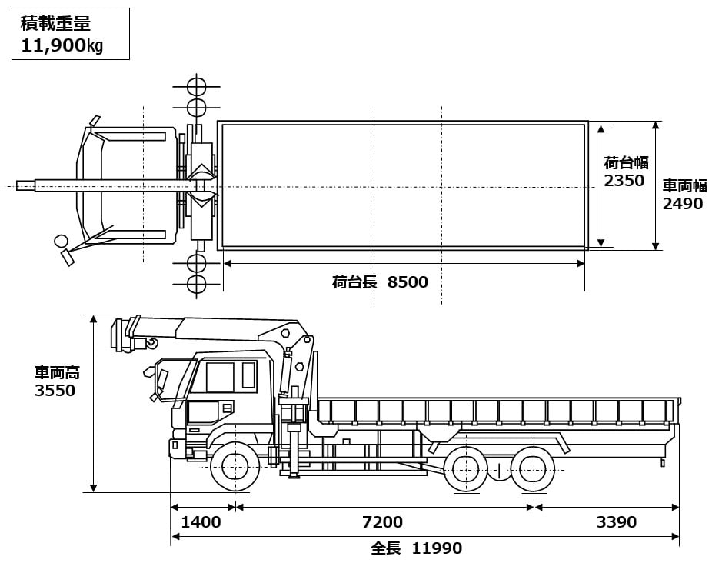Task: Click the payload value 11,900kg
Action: (x=62, y=45)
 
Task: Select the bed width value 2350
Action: (x=624, y=181)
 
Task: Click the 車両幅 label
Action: (x=684, y=186)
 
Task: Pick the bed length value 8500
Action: (x=408, y=282)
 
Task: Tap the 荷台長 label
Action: (x=354, y=282)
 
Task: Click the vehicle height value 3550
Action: (x=55, y=391)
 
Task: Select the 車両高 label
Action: (x=57, y=373)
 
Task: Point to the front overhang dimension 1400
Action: (x=201, y=522)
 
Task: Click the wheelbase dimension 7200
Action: (x=382, y=522)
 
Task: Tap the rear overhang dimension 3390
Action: (x=617, y=522)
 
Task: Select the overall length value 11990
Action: (x=437, y=548)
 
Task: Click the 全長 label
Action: (x=386, y=548)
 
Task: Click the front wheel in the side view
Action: (x=234, y=466)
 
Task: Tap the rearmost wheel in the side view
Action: (x=532, y=468)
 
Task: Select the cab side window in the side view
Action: (x=220, y=377)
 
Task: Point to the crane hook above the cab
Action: (x=152, y=342)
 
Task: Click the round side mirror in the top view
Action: (x=61, y=242)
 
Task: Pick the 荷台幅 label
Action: (x=626, y=163)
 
